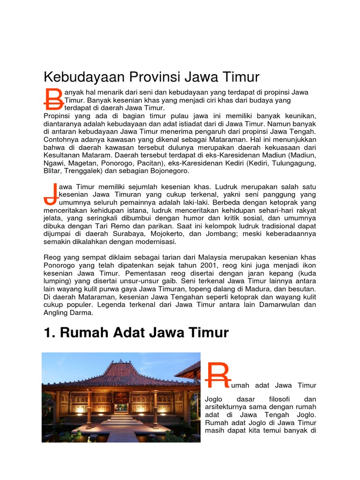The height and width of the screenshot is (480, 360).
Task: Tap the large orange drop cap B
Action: (53, 99)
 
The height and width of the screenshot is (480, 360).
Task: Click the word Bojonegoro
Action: (166, 172)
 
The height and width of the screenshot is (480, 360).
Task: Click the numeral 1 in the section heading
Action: (47, 333)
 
